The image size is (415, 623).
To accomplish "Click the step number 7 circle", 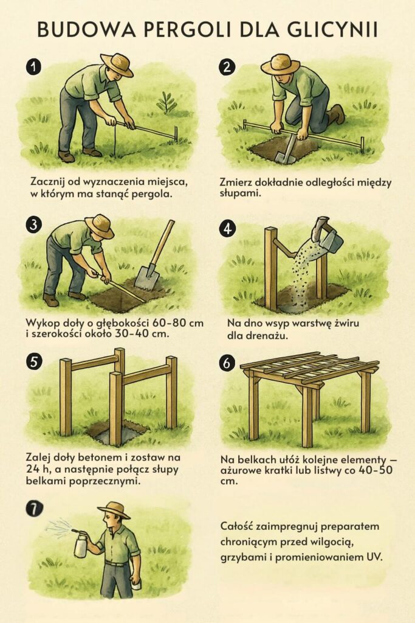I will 35,508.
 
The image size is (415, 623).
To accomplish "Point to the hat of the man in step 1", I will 117,63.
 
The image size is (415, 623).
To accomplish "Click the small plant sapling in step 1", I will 166,102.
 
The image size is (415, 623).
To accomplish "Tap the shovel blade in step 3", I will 147,277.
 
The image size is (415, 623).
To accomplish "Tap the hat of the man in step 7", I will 114,510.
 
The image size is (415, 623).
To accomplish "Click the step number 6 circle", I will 227,363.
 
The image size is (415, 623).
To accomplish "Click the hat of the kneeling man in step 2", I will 281,63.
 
